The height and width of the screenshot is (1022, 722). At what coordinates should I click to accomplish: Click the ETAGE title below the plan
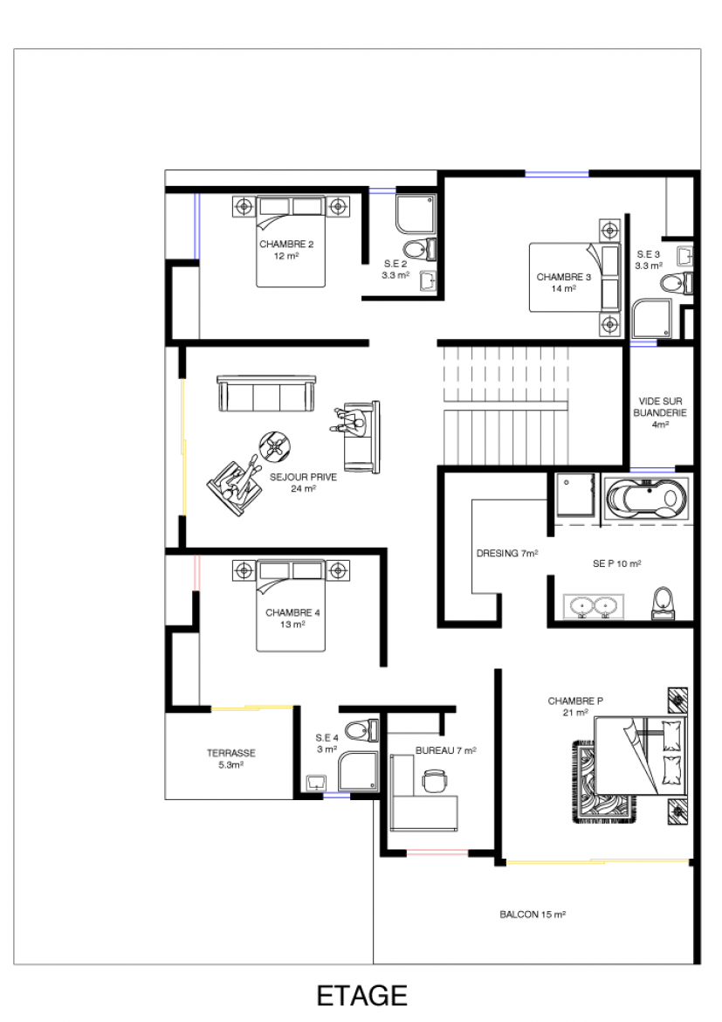(x=361, y=996)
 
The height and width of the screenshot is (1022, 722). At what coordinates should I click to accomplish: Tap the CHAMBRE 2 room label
(x=286, y=251)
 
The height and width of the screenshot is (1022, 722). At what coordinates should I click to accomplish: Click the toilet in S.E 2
(x=419, y=249)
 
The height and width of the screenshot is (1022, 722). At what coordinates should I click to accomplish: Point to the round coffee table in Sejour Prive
(x=276, y=447)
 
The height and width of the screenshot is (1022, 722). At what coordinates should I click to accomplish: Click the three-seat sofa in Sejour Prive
(x=266, y=393)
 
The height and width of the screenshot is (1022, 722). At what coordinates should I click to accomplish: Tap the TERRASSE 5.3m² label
(x=231, y=759)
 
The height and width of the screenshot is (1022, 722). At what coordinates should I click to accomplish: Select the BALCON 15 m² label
(x=533, y=915)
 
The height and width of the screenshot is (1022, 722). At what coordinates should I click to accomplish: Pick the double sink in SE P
(x=593, y=606)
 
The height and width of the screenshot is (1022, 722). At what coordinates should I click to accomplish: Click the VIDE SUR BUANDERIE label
(x=659, y=412)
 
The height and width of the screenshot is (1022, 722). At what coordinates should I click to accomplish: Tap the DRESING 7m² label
(x=507, y=554)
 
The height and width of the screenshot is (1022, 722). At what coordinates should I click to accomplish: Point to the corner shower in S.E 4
(x=359, y=771)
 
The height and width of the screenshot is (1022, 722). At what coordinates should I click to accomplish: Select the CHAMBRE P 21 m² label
(x=574, y=707)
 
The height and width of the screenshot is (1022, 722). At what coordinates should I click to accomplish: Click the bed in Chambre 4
(x=291, y=605)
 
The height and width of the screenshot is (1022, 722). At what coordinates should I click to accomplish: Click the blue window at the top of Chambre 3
(x=557, y=174)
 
